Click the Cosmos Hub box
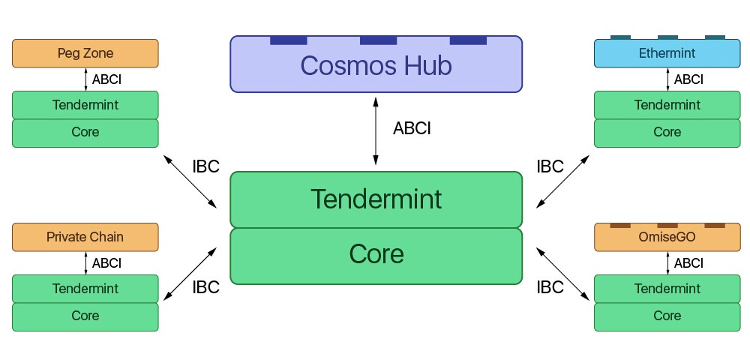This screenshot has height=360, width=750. [x=376, y=65]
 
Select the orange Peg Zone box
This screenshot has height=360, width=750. [x=85, y=53]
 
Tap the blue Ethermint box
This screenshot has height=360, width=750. [x=667, y=53]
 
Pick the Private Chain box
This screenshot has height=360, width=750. [x=85, y=237]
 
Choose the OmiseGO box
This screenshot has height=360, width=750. [x=667, y=237]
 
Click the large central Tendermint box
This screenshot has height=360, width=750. [x=376, y=199]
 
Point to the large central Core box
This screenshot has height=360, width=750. [x=376, y=255]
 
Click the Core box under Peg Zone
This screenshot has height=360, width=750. [x=85, y=132]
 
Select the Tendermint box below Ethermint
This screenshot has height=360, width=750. [x=667, y=105]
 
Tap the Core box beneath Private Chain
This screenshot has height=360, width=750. [x=85, y=316]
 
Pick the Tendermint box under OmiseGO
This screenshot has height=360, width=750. [x=667, y=289]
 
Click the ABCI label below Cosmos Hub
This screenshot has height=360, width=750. [x=412, y=128]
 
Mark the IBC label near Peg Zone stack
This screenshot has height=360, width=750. [x=205, y=166]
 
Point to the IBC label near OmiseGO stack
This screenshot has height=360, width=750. [x=550, y=287]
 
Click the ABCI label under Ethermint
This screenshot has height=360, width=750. [x=688, y=79]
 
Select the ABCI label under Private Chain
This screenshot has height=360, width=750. [x=106, y=263]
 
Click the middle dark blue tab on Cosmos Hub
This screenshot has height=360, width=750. [x=378, y=40]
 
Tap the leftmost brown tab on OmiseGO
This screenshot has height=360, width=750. [x=619, y=225]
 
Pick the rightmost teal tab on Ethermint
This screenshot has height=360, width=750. [x=715, y=37]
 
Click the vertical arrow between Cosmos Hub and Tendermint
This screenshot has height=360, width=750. [x=376, y=129]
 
